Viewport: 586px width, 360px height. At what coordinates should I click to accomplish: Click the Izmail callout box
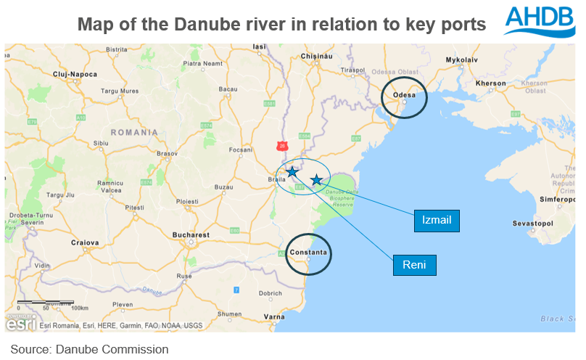tap(437, 221)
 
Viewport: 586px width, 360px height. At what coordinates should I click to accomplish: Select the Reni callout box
tap(414, 265)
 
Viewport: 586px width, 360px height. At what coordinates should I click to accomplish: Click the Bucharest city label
tap(191, 235)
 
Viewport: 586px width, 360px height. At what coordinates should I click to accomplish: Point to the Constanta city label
tap(308, 253)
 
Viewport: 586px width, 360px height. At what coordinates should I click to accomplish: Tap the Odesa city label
tap(403, 95)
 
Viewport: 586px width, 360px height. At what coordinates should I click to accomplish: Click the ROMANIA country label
tap(134, 132)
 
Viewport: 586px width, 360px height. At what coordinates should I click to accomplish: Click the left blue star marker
tap(292, 172)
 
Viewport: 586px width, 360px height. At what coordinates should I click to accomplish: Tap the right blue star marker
tap(316, 180)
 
